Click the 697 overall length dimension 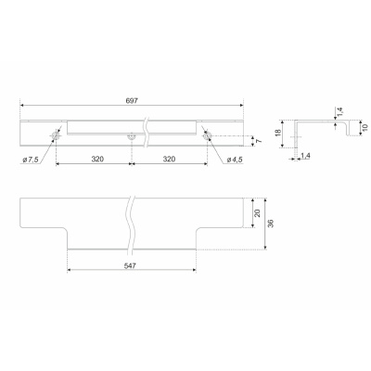tap(132, 100)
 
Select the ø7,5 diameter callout tap(31, 160)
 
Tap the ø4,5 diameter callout tap(235, 160)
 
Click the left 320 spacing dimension tap(97, 159)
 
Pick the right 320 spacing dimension tap(169, 159)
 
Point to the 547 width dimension tap(131, 265)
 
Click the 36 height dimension tap(271, 224)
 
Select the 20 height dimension tap(257, 212)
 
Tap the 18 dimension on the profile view tap(278, 133)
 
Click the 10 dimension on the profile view tap(365, 127)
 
